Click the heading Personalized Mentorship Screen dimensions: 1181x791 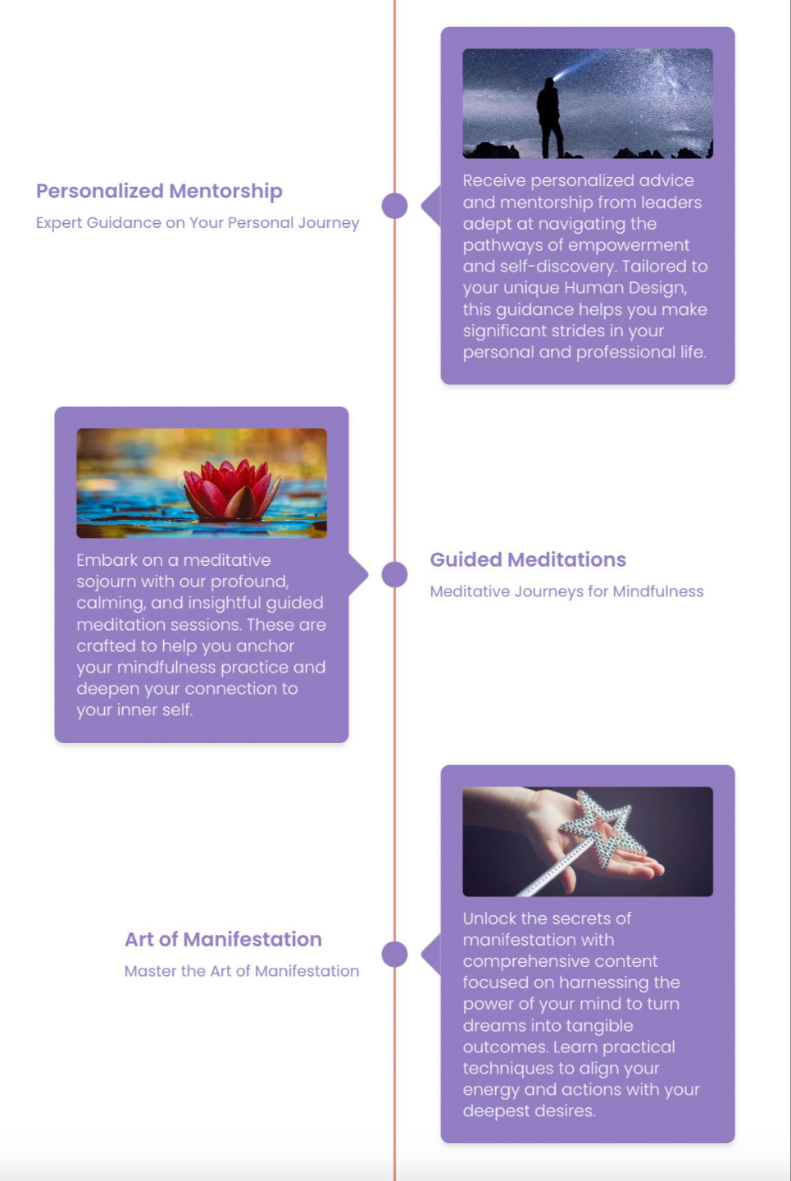pyautogui.click(x=159, y=191)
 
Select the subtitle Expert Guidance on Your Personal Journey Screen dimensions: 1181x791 pyautogui.click(x=198, y=223)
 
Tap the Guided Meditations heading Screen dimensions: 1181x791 pyautogui.click(x=528, y=559)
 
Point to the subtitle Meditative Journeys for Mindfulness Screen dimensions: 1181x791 pyautogui.click(x=566, y=591)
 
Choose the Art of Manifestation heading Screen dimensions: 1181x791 pyautogui.click(x=223, y=939)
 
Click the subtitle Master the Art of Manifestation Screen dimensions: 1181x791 pyautogui.click(x=242, y=971)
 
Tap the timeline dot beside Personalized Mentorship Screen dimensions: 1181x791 pyautogui.click(x=394, y=206)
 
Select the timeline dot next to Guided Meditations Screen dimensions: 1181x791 pyautogui.click(x=394, y=575)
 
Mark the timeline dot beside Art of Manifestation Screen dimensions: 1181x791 pyautogui.click(x=394, y=954)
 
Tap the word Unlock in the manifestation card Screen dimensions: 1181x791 pyautogui.click(x=489, y=919)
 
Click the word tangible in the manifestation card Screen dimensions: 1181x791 pyautogui.click(x=594, y=1025)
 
